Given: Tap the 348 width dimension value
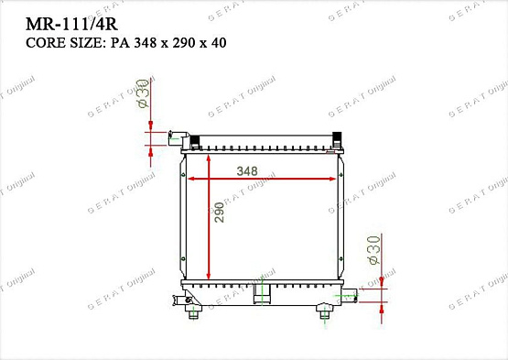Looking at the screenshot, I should tap(246, 171).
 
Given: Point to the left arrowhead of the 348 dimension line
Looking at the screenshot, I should tap(191, 180).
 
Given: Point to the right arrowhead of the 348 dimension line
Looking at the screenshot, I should tap(336, 180).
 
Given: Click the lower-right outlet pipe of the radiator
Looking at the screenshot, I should tap(350, 294).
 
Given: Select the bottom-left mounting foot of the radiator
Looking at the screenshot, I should tap(193, 312).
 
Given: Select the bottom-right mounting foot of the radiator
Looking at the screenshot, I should tap(325, 313).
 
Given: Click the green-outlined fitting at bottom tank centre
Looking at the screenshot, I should tap(262, 292).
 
